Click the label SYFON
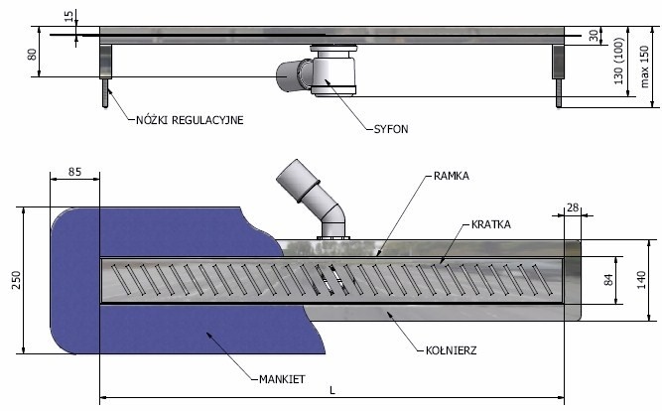(x=392, y=129)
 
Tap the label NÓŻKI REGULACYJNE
(x=190, y=120)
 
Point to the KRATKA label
(x=491, y=225)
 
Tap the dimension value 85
(x=74, y=172)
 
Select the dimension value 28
(x=572, y=206)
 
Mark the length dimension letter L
(x=331, y=392)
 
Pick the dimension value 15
(x=66, y=17)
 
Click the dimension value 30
(x=595, y=36)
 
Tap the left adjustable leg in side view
(x=104, y=73)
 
